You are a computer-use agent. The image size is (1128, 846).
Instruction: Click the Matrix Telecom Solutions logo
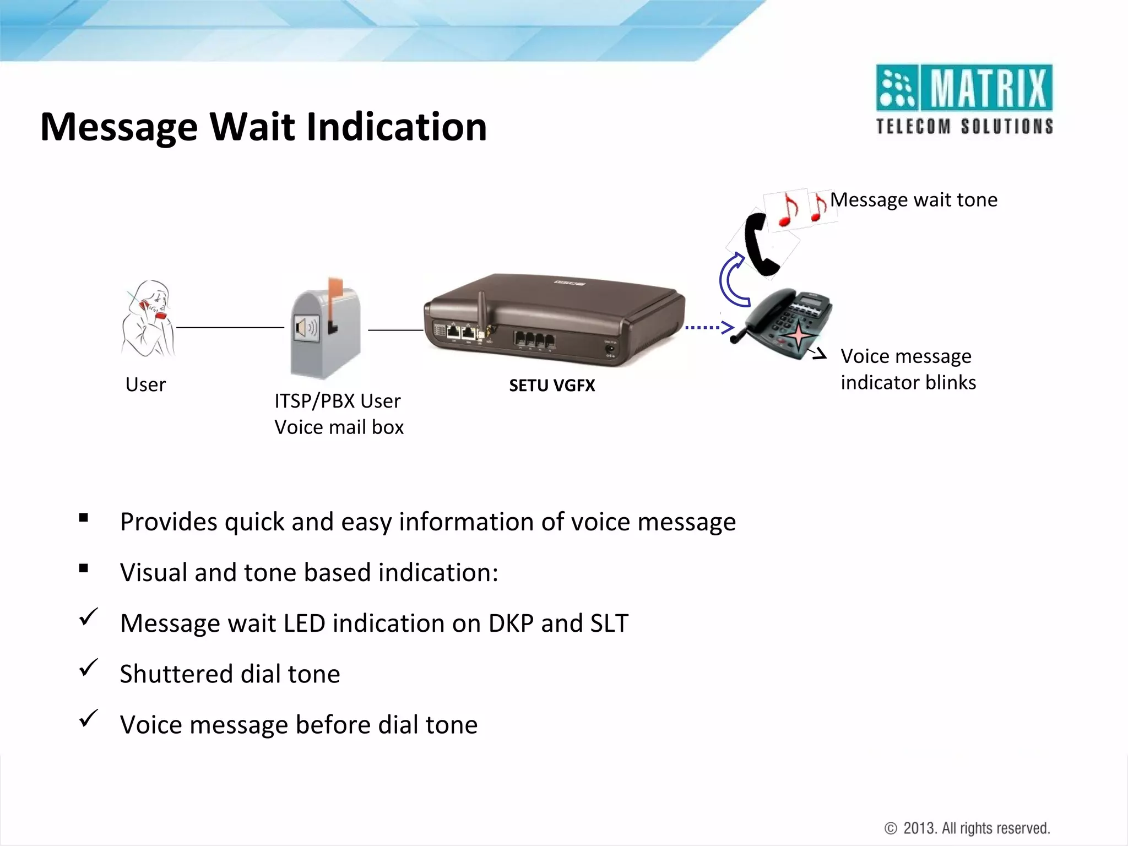coord(964,99)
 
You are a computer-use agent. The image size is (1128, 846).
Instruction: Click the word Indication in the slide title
coord(396,127)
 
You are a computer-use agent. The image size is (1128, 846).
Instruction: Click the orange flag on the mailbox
coord(335,289)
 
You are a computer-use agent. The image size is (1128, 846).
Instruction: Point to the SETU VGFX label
coord(552,386)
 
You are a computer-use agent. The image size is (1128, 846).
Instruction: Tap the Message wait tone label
coord(914,200)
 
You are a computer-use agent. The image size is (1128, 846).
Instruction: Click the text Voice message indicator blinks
coord(908,370)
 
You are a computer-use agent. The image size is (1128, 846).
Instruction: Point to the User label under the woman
coord(145,384)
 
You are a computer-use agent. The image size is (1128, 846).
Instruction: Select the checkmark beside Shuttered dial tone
coord(89,668)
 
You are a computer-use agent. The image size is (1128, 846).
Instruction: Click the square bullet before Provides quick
coord(84,518)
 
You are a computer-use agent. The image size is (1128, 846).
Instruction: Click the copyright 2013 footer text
coord(967,828)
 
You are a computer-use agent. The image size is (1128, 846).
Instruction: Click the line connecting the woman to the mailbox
coord(230,328)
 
